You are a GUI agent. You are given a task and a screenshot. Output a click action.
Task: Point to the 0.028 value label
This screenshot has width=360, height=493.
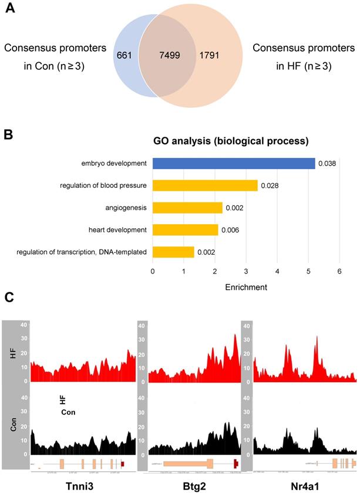click(x=269, y=186)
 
